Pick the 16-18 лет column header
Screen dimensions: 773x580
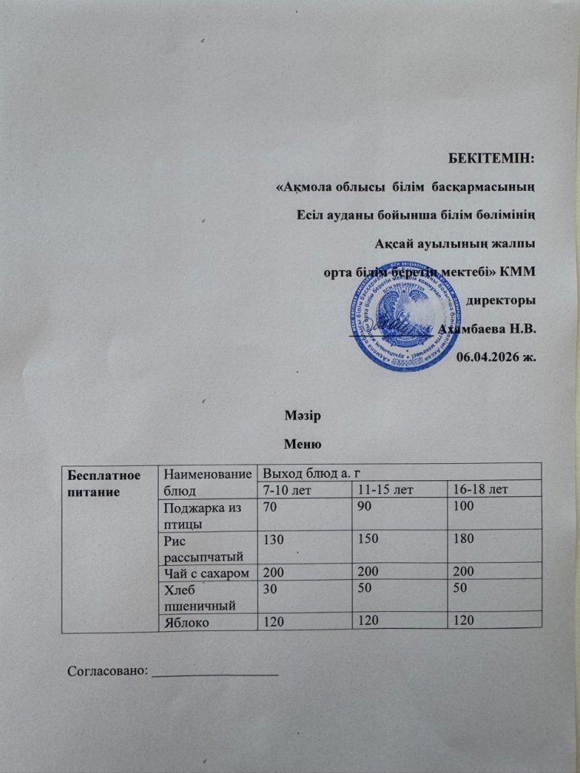point(480,488)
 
